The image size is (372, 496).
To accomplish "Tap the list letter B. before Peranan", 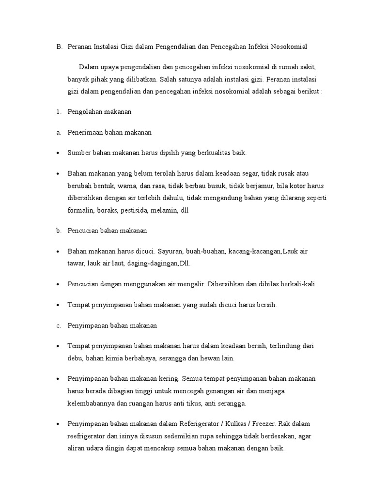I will point(59,46).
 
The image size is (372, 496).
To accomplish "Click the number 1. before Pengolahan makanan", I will point(59,111).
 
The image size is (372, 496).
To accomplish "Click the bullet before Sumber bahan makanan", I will point(58,153).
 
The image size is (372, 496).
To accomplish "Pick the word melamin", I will point(165,211).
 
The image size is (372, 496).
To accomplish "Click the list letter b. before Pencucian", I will point(59,231).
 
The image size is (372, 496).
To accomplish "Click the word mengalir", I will point(191,284).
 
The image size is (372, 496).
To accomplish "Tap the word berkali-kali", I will point(300,284).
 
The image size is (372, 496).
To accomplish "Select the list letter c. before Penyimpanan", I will point(59,325).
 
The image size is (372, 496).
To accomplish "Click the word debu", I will point(76,358).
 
